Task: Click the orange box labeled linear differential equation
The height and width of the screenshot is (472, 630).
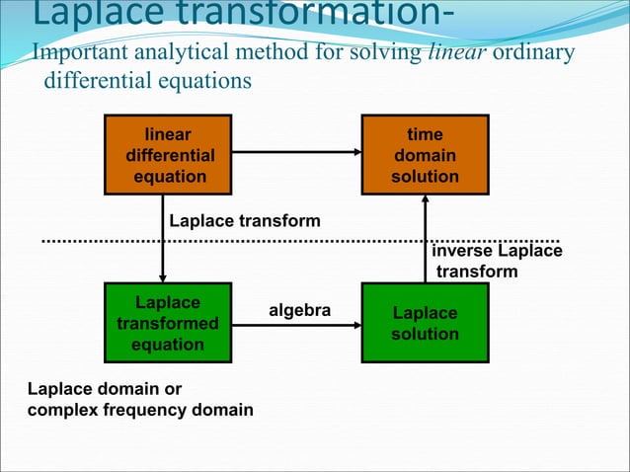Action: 170,155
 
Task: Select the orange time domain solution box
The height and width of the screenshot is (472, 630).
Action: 425,155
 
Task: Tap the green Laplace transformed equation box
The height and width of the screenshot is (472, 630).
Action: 167,323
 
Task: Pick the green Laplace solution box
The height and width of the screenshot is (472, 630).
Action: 425,323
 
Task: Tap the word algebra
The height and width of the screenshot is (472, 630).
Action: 299,311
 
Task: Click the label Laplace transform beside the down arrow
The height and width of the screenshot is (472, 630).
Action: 245,220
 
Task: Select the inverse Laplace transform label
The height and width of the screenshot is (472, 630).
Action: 497,261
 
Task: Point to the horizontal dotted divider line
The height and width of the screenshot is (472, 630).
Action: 296,240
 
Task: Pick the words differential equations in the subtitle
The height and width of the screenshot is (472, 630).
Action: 146,80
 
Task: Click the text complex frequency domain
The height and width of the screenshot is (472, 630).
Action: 139,409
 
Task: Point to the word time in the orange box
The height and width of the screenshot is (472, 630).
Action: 425,134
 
